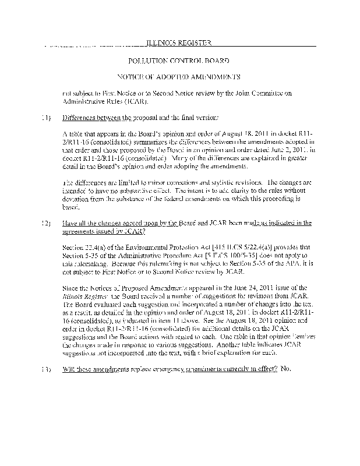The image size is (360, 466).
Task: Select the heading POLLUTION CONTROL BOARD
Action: pos(178,61)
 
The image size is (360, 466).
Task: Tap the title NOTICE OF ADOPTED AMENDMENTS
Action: pos(179,77)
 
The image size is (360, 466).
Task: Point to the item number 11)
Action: pos(45,118)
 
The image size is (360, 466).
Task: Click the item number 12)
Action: pos(45,223)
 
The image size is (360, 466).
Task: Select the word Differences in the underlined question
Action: pos(81,118)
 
